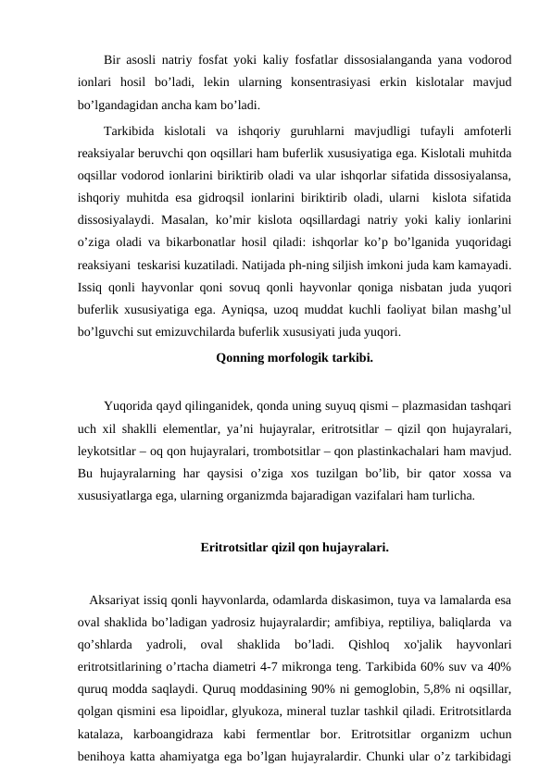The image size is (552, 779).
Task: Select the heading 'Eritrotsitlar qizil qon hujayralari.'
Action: pyautogui.click(x=294, y=547)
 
